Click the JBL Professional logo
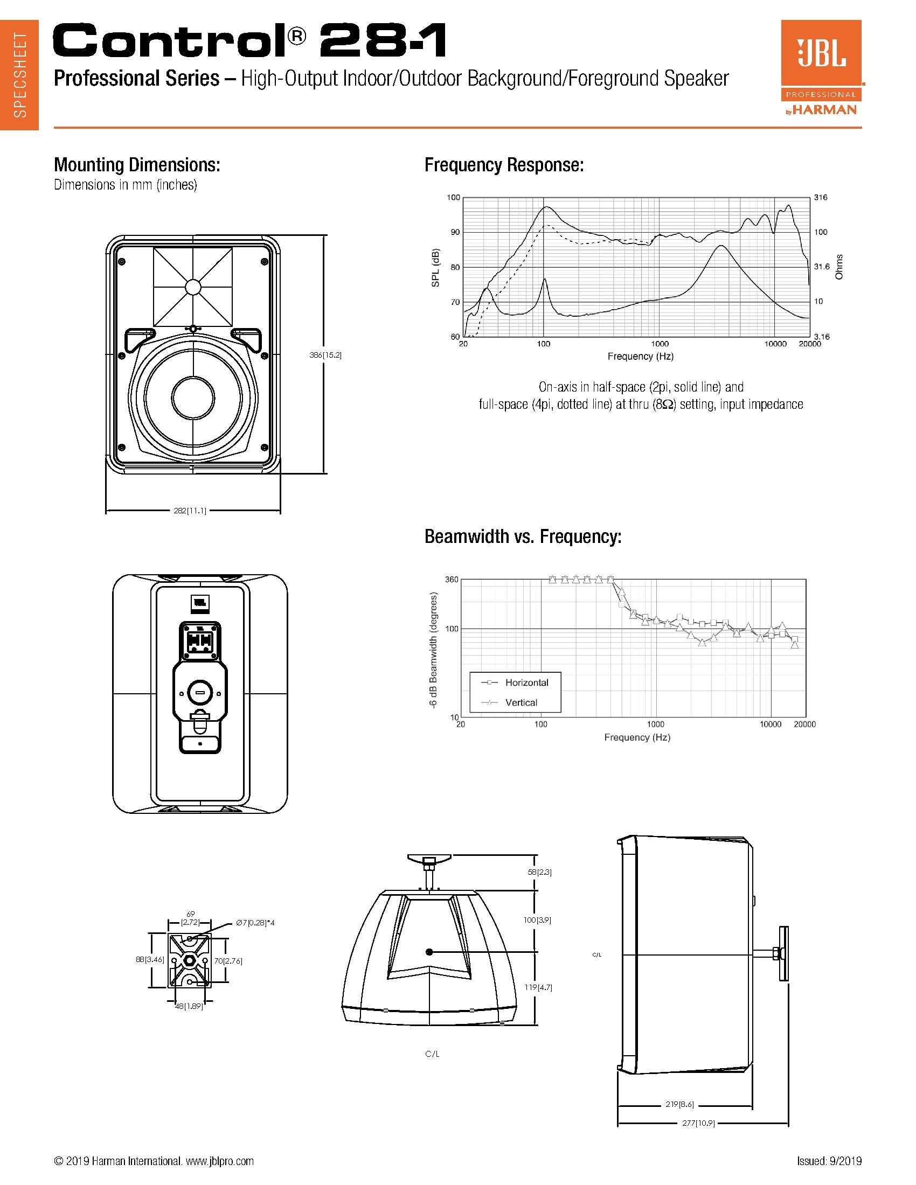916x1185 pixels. [821, 68]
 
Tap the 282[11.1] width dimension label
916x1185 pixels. [190, 511]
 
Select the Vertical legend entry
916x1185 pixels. [521, 702]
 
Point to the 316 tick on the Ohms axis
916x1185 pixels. [821, 198]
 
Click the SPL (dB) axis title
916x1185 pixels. [436, 268]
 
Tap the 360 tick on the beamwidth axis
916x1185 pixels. [452, 580]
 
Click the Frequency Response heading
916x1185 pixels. [504, 165]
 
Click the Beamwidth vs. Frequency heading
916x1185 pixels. [523, 536]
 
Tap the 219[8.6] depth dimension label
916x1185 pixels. [679, 1104]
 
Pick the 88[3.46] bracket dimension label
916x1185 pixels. [150, 959]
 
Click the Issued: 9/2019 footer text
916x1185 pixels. [829, 1161]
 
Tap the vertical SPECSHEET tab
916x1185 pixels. [19, 75]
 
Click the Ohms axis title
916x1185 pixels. [839, 267]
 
